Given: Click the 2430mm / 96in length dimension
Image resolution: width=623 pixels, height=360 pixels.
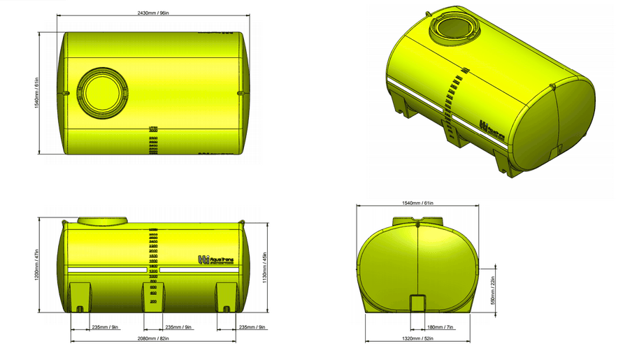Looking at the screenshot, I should pos(152,13).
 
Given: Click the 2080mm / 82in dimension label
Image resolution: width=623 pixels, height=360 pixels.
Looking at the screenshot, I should pos(152,339).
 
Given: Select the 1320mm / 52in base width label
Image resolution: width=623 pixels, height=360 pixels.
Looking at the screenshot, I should pos(418,339).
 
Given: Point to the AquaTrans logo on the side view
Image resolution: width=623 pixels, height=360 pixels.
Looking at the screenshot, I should pos(216,260).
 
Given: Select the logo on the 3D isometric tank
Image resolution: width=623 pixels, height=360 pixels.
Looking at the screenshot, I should pos(489,128).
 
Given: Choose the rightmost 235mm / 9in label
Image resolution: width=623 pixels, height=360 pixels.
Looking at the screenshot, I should pos(251,326).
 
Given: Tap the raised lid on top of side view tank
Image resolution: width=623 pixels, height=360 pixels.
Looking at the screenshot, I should pos(102,221).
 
